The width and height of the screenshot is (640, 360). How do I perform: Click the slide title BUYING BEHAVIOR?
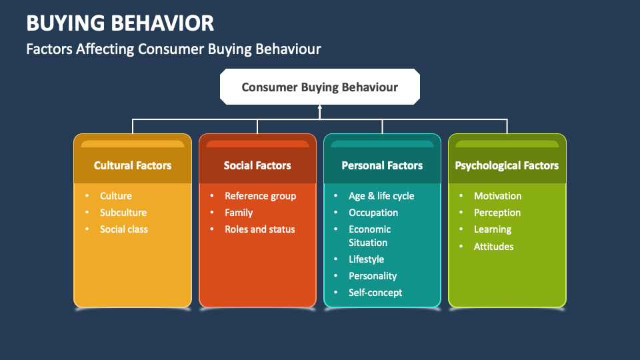coord(120,23)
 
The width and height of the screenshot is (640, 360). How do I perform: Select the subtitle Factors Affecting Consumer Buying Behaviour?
coord(173,49)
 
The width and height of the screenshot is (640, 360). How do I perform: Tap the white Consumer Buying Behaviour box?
coord(320,87)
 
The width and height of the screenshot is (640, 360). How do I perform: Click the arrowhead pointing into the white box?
coord(320,107)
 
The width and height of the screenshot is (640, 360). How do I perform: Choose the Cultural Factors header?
coord(133,165)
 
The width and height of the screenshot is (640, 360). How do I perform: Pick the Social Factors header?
coord(257,165)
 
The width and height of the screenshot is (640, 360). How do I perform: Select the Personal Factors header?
coord(382,165)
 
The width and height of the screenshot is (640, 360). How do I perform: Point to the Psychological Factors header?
coord(507,165)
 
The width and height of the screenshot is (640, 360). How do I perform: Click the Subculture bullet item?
coord(123,213)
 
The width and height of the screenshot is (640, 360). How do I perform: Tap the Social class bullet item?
coord(124,229)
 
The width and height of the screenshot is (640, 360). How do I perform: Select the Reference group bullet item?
coord(260,196)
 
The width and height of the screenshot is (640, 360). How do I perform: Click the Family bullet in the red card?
coord(239,213)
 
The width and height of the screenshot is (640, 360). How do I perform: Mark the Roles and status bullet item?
coord(259,229)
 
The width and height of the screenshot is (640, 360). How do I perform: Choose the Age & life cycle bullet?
coord(381,196)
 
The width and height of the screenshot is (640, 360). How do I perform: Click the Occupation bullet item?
coord(373,213)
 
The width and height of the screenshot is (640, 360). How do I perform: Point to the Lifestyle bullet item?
coord(366,259)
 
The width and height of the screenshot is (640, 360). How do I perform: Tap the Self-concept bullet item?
coord(375,293)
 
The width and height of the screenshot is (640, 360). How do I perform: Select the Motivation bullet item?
coord(497,196)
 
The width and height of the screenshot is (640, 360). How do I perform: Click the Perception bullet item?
coord(497,213)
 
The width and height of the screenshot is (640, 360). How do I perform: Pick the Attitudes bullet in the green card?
coord(493,247)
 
